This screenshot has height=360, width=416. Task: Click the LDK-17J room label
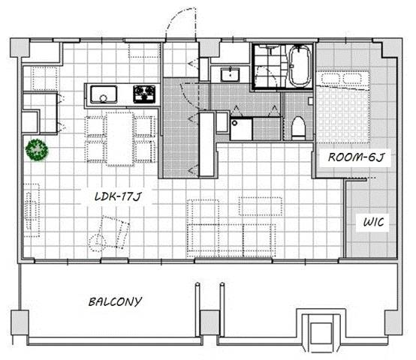[118, 196]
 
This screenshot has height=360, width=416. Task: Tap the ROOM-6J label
[356, 157]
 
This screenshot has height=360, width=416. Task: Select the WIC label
[373, 222]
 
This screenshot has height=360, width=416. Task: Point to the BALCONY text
[116, 301]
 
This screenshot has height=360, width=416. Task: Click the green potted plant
[37, 150]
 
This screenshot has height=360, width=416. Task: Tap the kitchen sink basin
[104, 94]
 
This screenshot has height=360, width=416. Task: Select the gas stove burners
[144, 94]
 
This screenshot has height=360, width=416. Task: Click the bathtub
[299, 66]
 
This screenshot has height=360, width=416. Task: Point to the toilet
[299, 128]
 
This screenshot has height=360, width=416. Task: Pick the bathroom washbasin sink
[230, 75]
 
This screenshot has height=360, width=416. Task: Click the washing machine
[241, 129]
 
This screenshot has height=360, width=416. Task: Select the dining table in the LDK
[120, 139]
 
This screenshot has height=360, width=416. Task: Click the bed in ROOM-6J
[343, 106]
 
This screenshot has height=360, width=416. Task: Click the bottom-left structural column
[20, 323]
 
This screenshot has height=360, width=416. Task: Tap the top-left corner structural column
[20, 48]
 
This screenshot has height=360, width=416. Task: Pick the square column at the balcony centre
[210, 323]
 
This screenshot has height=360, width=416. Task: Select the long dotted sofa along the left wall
[32, 210]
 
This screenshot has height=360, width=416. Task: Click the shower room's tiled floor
[270, 66]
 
